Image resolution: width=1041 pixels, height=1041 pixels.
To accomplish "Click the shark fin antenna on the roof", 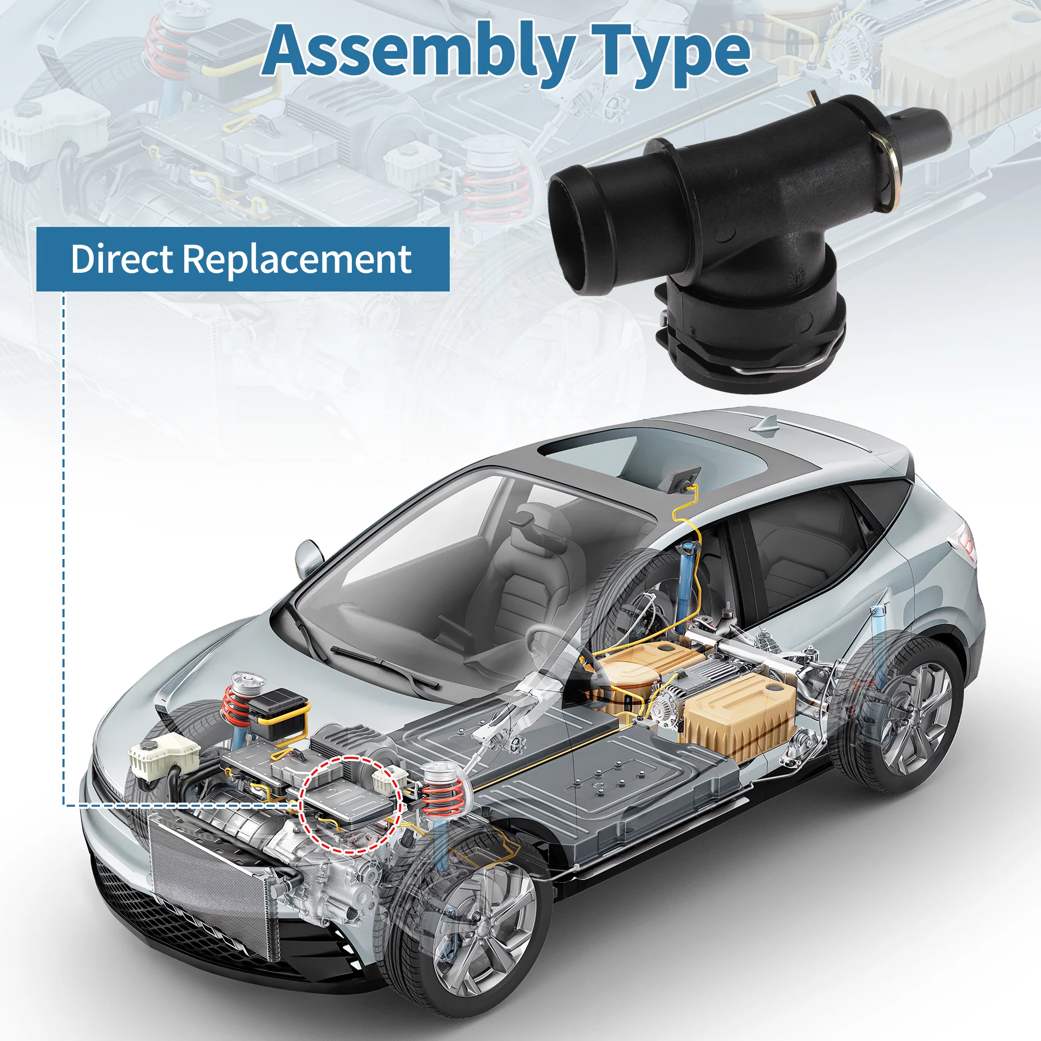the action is (x=765, y=425).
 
